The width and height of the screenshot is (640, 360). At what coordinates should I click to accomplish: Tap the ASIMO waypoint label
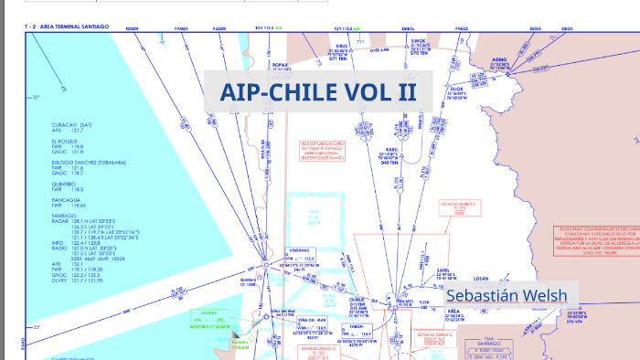(499, 59)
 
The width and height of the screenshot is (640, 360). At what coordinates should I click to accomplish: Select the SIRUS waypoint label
(343, 44)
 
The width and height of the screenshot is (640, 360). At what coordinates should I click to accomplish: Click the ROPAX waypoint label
(281, 66)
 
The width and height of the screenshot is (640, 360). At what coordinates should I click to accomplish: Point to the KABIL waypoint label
(391, 148)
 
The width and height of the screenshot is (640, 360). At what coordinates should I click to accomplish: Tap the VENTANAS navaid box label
(299, 249)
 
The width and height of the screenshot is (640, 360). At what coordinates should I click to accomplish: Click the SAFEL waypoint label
(443, 270)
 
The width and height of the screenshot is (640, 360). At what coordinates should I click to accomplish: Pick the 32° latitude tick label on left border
(37, 97)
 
